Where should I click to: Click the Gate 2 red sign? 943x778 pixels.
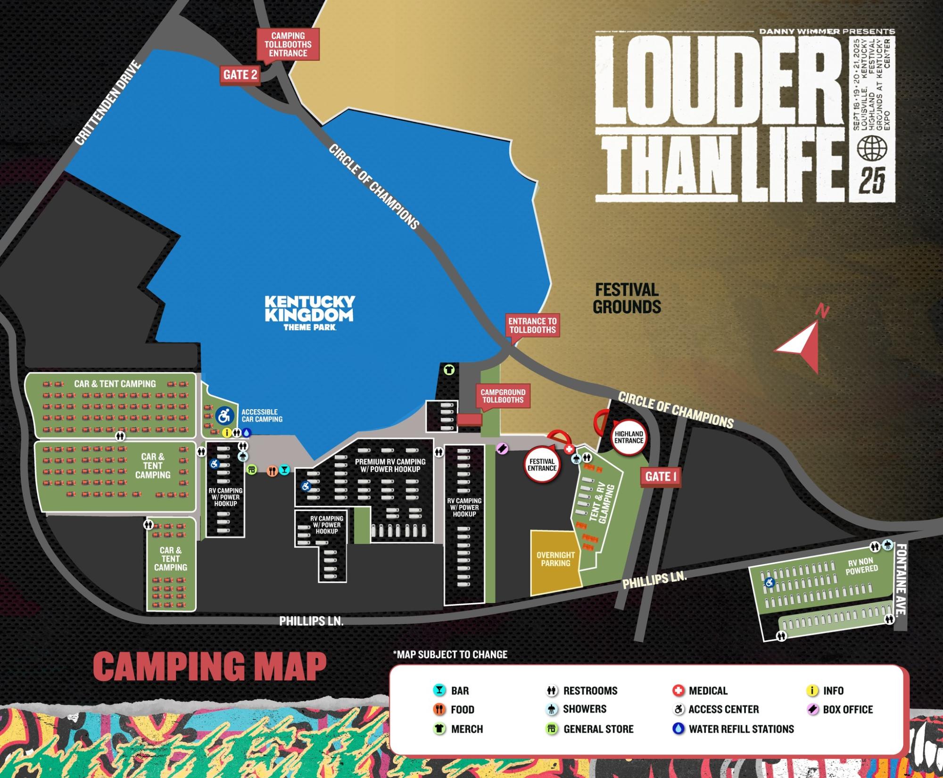point(240,75)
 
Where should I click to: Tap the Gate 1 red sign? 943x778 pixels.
point(660,477)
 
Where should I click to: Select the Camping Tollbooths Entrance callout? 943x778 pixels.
point(288,44)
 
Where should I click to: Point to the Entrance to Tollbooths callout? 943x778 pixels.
point(532,325)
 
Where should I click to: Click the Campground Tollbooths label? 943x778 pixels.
point(503,396)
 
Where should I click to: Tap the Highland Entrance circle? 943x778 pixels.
point(629,437)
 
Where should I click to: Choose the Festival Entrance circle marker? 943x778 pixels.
point(542,465)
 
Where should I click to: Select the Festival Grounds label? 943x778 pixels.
point(627,298)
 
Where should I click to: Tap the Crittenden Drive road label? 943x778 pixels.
point(108,103)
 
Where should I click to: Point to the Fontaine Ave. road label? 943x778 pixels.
point(901,579)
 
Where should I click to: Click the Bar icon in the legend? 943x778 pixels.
point(439,690)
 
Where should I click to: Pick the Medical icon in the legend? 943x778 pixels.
point(678,690)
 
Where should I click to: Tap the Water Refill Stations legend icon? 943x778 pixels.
point(678,728)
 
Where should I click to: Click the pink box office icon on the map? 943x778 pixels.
point(502,448)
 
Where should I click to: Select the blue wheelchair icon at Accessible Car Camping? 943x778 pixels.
point(224,416)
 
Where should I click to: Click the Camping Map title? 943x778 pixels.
point(210,666)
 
